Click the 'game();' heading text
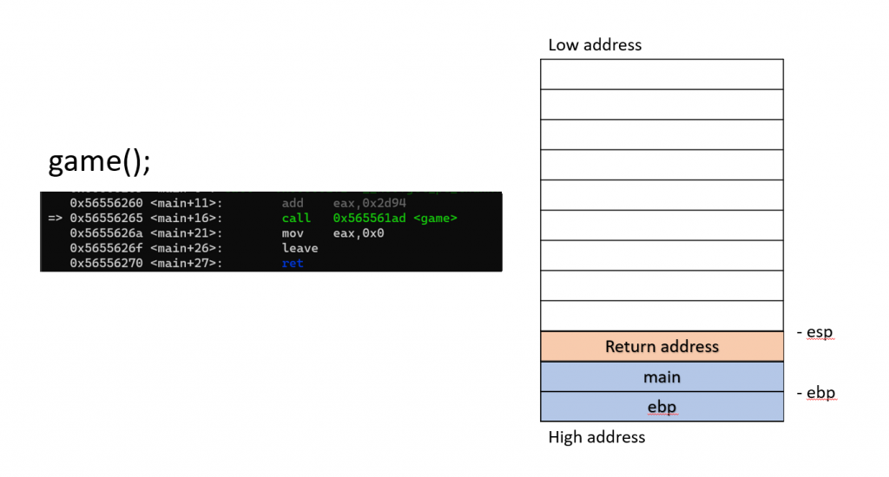click(99, 162)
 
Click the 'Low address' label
click(595, 45)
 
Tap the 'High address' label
click(596, 437)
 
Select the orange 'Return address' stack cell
click(662, 347)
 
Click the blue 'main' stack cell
click(662, 377)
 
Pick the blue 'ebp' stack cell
click(662, 407)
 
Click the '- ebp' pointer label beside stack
click(815, 393)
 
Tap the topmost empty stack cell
click(662, 75)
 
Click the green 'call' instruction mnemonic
click(296, 218)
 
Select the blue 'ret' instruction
click(293, 263)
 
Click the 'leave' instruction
click(300, 248)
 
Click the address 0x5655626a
click(106, 233)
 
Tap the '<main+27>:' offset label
click(187, 263)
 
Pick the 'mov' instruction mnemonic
click(293, 233)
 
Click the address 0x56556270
click(106, 263)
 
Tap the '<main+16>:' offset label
click(187, 218)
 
